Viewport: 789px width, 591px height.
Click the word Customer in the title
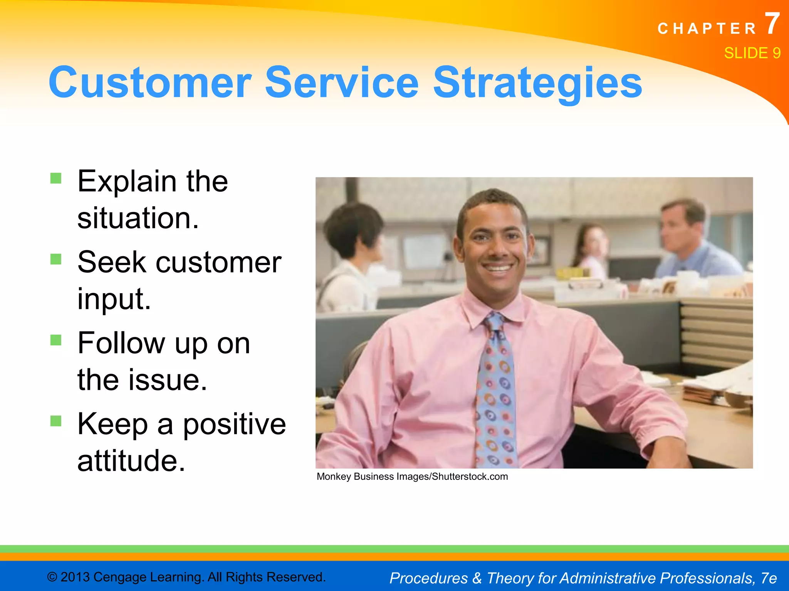tap(150, 83)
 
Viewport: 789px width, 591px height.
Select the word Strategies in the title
tap(537, 83)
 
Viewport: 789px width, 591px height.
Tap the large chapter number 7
tap(772, 24)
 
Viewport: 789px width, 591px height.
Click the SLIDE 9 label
tap(752, 53)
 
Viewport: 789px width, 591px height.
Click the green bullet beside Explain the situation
tap(56, 178)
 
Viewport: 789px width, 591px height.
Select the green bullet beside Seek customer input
tap(56, 259)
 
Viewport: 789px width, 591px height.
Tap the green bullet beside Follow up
tap(56, 340)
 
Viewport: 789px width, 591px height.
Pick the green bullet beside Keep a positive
tap(56, 421)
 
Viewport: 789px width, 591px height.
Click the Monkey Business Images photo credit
tap(412, 477)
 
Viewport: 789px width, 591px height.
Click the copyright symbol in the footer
tap(52, 577)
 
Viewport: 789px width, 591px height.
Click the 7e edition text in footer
tap(769, 578)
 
